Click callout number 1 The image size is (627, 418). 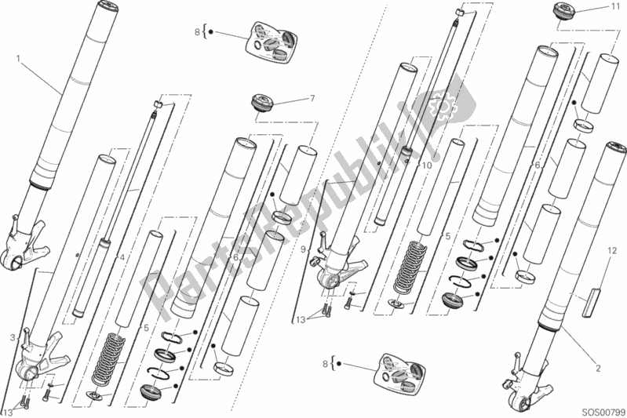pyautogui.click(x=18, y=59)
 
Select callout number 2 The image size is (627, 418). pyautogui.click(x=598, y=368)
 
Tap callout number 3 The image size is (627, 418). pyautogui.click(x=13, y=338)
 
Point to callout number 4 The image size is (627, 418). pyautogui.click(x=122, y=258)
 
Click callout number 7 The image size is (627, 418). pyautogui.click(x=312, y=98)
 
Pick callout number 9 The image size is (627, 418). pyautogui.click(x=304, y=249)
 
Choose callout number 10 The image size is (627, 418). pyautogui.click(x=427, y=165)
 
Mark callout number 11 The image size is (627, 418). pyautogui.click(x=614, y=6)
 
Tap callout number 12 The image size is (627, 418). pyautogui.click(x=612, y=251)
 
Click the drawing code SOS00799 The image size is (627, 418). pyautogui.click(x=603, y=412)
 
